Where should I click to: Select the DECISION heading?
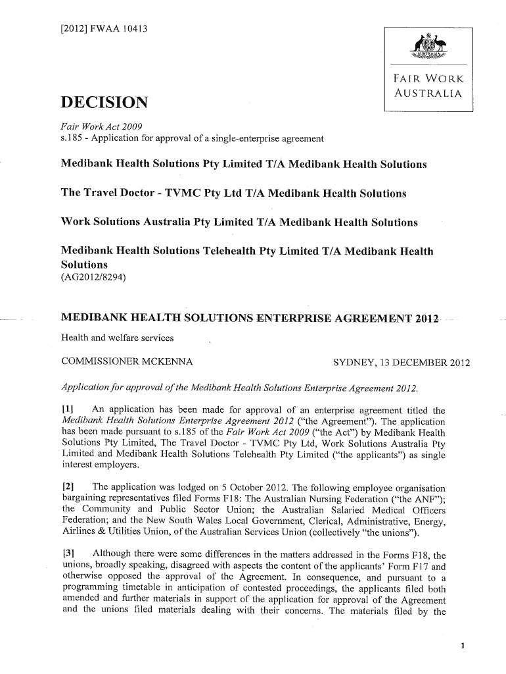tap(104, 103)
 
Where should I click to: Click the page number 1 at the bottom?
tap(463, 646)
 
